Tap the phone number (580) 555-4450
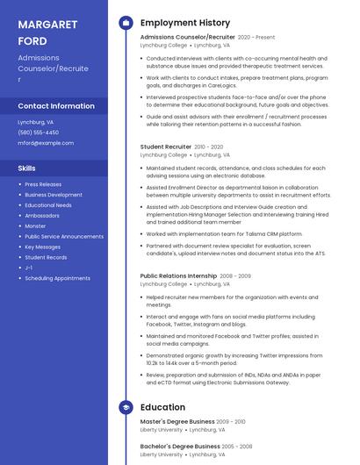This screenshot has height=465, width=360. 37,132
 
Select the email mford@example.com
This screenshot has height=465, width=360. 46,143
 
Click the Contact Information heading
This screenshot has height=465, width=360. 56,106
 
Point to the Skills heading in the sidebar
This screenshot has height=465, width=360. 27,168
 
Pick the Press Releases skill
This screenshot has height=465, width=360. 43,184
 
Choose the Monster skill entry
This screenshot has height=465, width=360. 35,225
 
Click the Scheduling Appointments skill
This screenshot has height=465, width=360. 57,278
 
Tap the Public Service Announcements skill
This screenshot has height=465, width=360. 64,236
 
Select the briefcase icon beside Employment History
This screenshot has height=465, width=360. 126,22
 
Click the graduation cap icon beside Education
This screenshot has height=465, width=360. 126,407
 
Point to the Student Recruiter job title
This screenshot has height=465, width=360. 165,147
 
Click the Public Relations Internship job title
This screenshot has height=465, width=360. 178,275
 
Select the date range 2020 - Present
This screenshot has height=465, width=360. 256,38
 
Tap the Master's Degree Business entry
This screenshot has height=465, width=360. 177,422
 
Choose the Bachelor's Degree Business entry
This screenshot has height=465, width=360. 179,447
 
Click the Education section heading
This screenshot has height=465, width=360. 162,407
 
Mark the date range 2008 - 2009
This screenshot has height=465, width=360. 235,275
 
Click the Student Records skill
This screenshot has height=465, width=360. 46,257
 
